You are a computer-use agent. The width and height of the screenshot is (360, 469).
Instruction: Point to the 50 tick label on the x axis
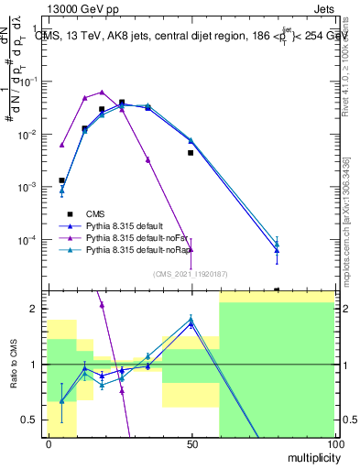191,444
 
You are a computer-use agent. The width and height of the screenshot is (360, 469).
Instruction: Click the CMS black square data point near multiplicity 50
191,153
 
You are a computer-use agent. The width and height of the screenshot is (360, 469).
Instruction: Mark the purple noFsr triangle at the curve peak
102,91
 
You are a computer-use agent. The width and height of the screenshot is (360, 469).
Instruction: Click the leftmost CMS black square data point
61,180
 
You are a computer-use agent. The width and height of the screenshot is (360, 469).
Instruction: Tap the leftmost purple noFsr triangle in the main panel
61,145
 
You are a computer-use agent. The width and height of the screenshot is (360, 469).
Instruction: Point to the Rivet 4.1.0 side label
349,69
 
